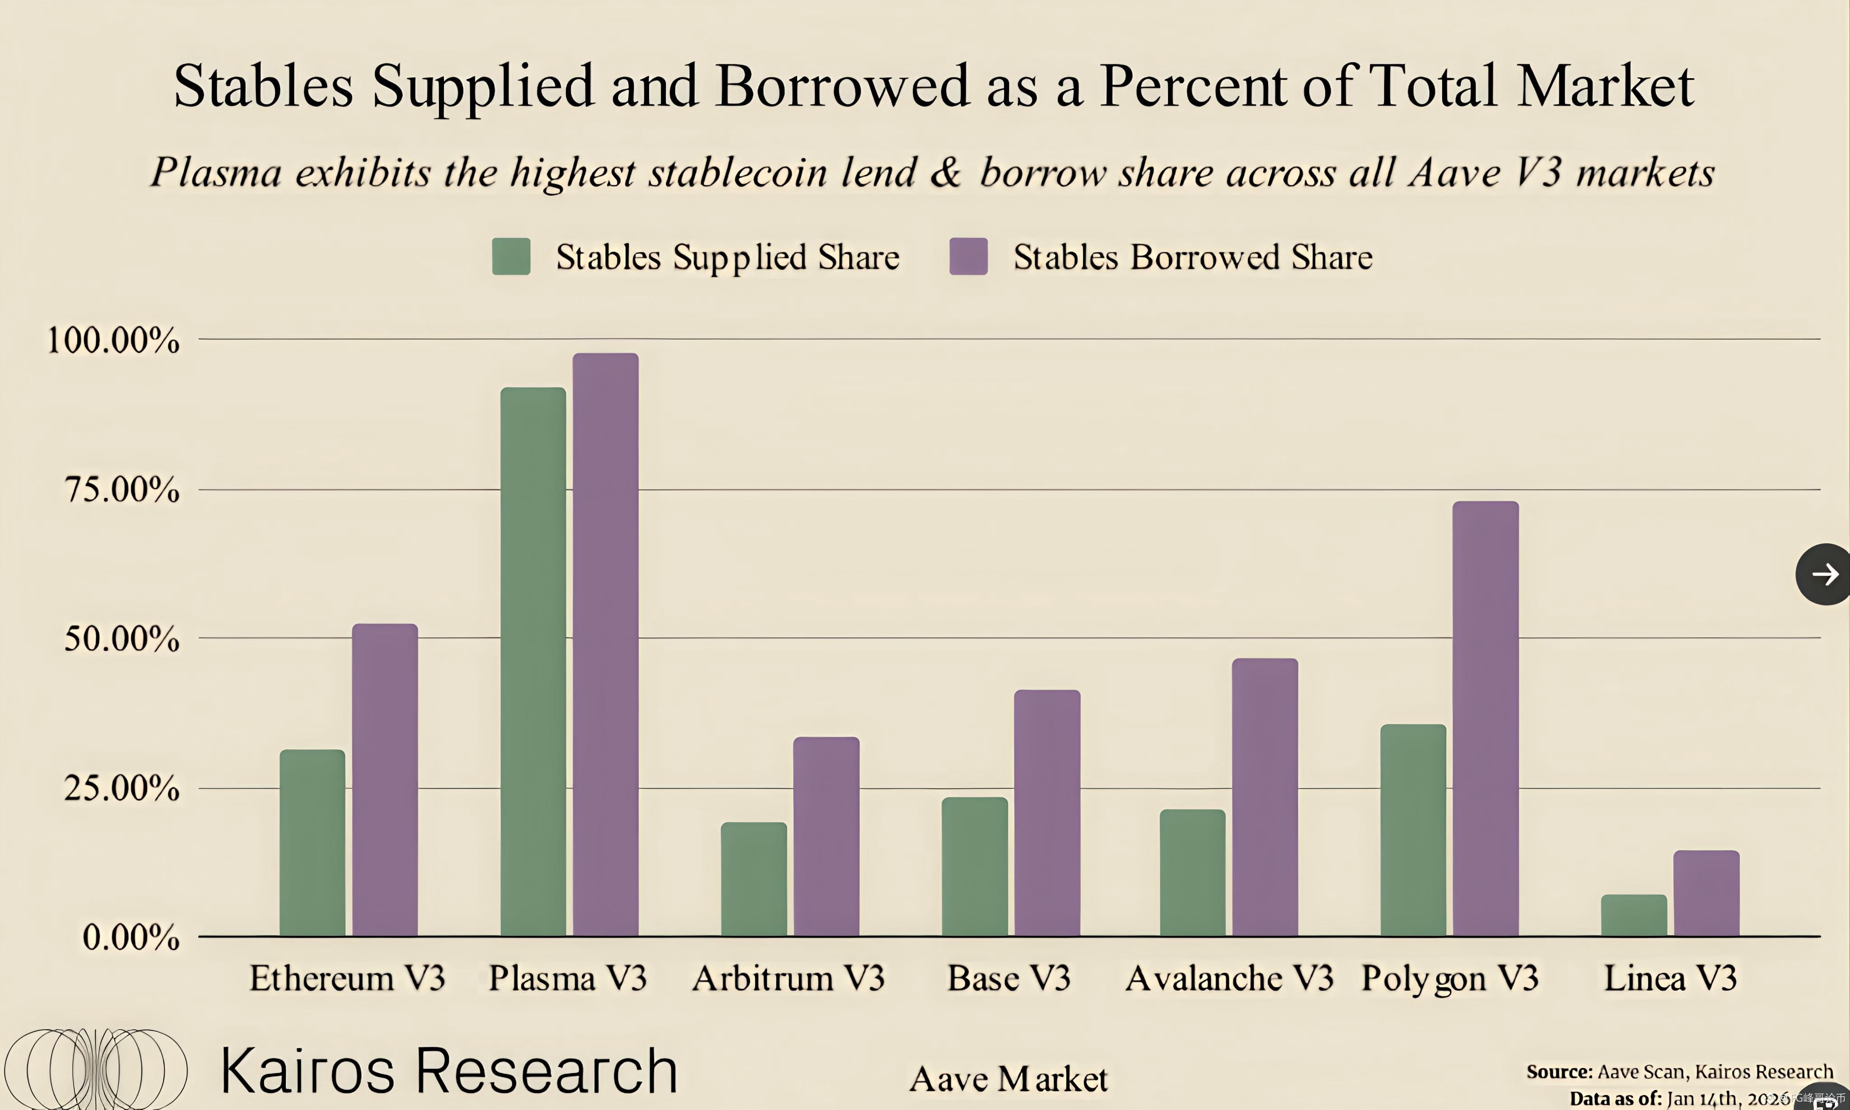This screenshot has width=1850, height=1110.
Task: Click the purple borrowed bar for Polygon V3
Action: click(1485, 718)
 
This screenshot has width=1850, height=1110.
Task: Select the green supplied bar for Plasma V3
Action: click(533, 662)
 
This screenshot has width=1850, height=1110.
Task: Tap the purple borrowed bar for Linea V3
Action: click(1706, 893)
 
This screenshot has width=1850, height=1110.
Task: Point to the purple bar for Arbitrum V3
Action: click(826, 836)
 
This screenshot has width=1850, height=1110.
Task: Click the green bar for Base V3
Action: click(974, 866)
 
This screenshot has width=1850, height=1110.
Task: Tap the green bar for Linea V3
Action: click(1634, 915)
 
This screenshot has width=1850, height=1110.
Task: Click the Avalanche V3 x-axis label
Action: click(1229, 978)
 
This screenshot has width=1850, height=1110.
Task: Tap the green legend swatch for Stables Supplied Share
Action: click(511, 257)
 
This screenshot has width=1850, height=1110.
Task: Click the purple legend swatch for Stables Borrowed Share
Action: click(968, 257)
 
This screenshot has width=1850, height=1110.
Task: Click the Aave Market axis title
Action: click(1009, 1078)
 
